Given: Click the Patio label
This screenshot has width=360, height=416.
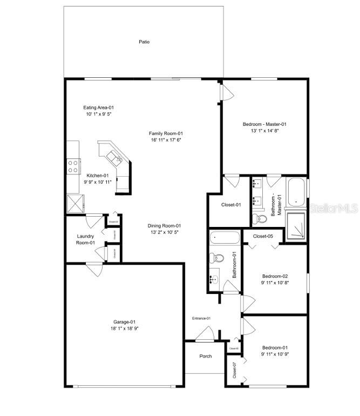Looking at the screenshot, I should click(144, 42).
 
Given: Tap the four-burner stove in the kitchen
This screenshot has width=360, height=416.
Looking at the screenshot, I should click(73, 166).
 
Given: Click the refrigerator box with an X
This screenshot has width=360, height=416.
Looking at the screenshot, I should click(73, 204).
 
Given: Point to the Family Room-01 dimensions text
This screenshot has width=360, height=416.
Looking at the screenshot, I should click(166, 140).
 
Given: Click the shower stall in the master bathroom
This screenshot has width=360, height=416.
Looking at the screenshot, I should click(296, 225).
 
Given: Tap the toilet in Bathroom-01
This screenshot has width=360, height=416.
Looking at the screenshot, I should click(215, 257).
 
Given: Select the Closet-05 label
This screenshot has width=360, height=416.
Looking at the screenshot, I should click(262, 236).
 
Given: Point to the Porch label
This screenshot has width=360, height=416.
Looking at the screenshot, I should click(205, 356).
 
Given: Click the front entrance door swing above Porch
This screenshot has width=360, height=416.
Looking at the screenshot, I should click(205, 335).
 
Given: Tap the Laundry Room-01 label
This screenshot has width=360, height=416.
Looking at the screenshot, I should click(85, 239).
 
